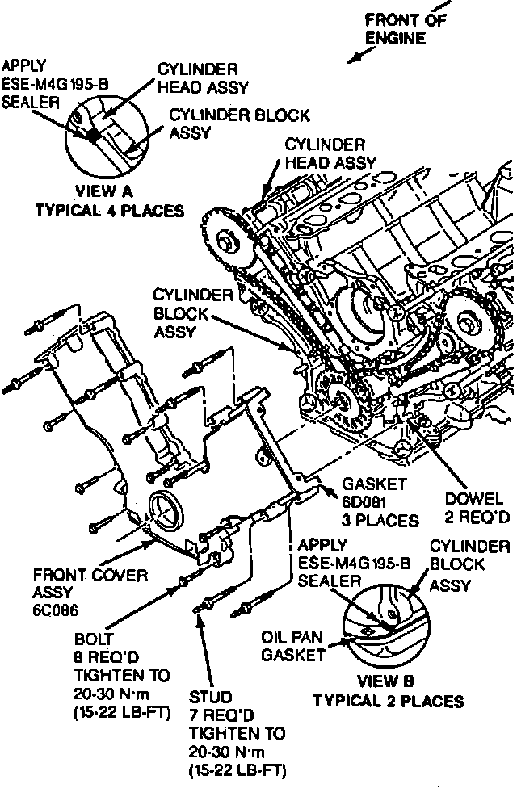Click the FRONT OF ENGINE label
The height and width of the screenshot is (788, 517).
pos(406,28)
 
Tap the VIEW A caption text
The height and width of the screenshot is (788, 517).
pos(108,192)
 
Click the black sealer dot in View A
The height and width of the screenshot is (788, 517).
pos(94,135)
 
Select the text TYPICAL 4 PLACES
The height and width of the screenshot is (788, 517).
pos(109,210)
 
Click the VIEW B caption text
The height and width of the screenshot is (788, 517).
pos(387,681)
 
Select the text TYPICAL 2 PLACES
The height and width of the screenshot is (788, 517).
pos(388,700)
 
